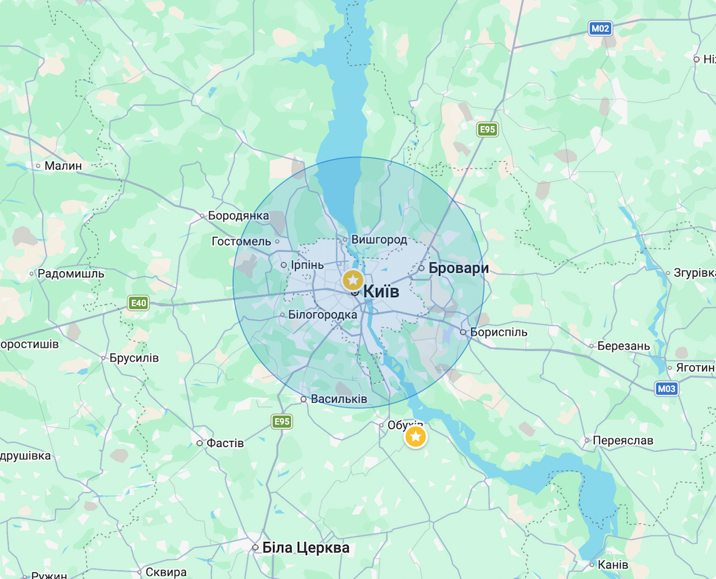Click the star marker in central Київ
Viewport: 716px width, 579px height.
pyautogui.click(x=353, y=280)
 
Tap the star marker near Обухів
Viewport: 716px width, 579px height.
pyautogui.click(x=416, y=437)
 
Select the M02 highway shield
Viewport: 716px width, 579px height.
pyautogui.click(x=601, y=29)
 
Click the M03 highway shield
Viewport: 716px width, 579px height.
pyautogui.click(x=667, y=389)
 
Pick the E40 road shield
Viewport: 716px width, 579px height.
pyautogui.click(x=138, y=304)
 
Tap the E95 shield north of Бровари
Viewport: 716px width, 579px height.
pyautogui.click(x=487, y=129)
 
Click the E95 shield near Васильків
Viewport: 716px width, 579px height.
pyautogui.click(x=282, y=421)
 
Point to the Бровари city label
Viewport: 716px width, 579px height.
pyautogui.click(x=458, y=269)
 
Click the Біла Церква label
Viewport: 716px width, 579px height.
pyautogui.click(x=306, y=548)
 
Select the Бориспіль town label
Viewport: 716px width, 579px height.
pyautogui.click(x=498, y=332)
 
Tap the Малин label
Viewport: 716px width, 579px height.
pyautogui.click(x=63, y=166)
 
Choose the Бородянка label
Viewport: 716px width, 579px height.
pyautogui.click(x=238, y=216)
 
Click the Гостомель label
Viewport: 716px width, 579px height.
pyautogui.click(x=241, y=241)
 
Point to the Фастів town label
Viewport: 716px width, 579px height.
pyautogui.click(x=225, y=443)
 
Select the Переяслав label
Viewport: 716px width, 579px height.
pyautogui.click(x=623, y=440)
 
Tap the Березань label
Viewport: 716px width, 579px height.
pyautogui.click(x=624, y=346)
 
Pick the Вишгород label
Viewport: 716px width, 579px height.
pyautogui.click(x=379, y=239)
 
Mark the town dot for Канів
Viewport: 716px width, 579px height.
pyautogui.click(x=592, y=565)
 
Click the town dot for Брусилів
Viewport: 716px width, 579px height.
pyautogui.click(x=104, y=358)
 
